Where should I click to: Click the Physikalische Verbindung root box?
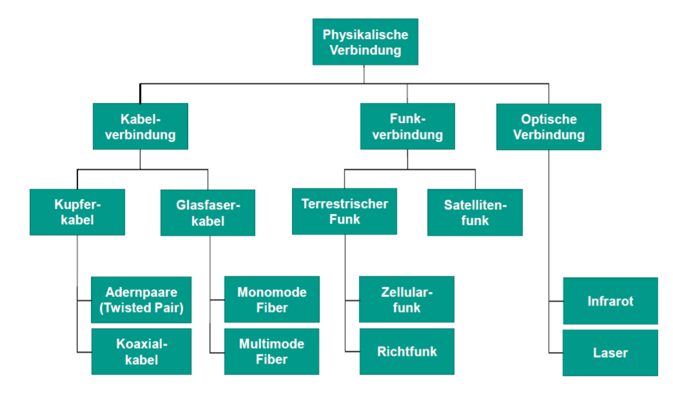coord(365,42)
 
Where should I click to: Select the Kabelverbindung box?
coord(140,126)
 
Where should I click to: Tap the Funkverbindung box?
coord(407,126)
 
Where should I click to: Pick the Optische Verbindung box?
coord(548,127)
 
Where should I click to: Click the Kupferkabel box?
coord(77,212)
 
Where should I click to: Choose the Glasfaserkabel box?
coord(208,213)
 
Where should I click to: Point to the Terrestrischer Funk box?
coord(344,212)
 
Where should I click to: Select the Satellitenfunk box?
coord(475,213)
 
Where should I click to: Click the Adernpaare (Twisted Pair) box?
coord(142,300)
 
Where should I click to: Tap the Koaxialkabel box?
coord(142,351)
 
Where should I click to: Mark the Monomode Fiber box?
coord(272,300)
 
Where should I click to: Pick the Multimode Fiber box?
coord(272,351)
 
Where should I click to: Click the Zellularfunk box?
coord(407,300)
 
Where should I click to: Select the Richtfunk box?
coord(407,351)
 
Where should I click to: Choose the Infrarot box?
coord(610,301)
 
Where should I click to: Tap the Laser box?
coord(610,353)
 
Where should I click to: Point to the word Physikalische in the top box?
coord(365,34)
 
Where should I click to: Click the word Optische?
coord(548,119)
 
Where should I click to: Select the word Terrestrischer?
coord(344,204)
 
